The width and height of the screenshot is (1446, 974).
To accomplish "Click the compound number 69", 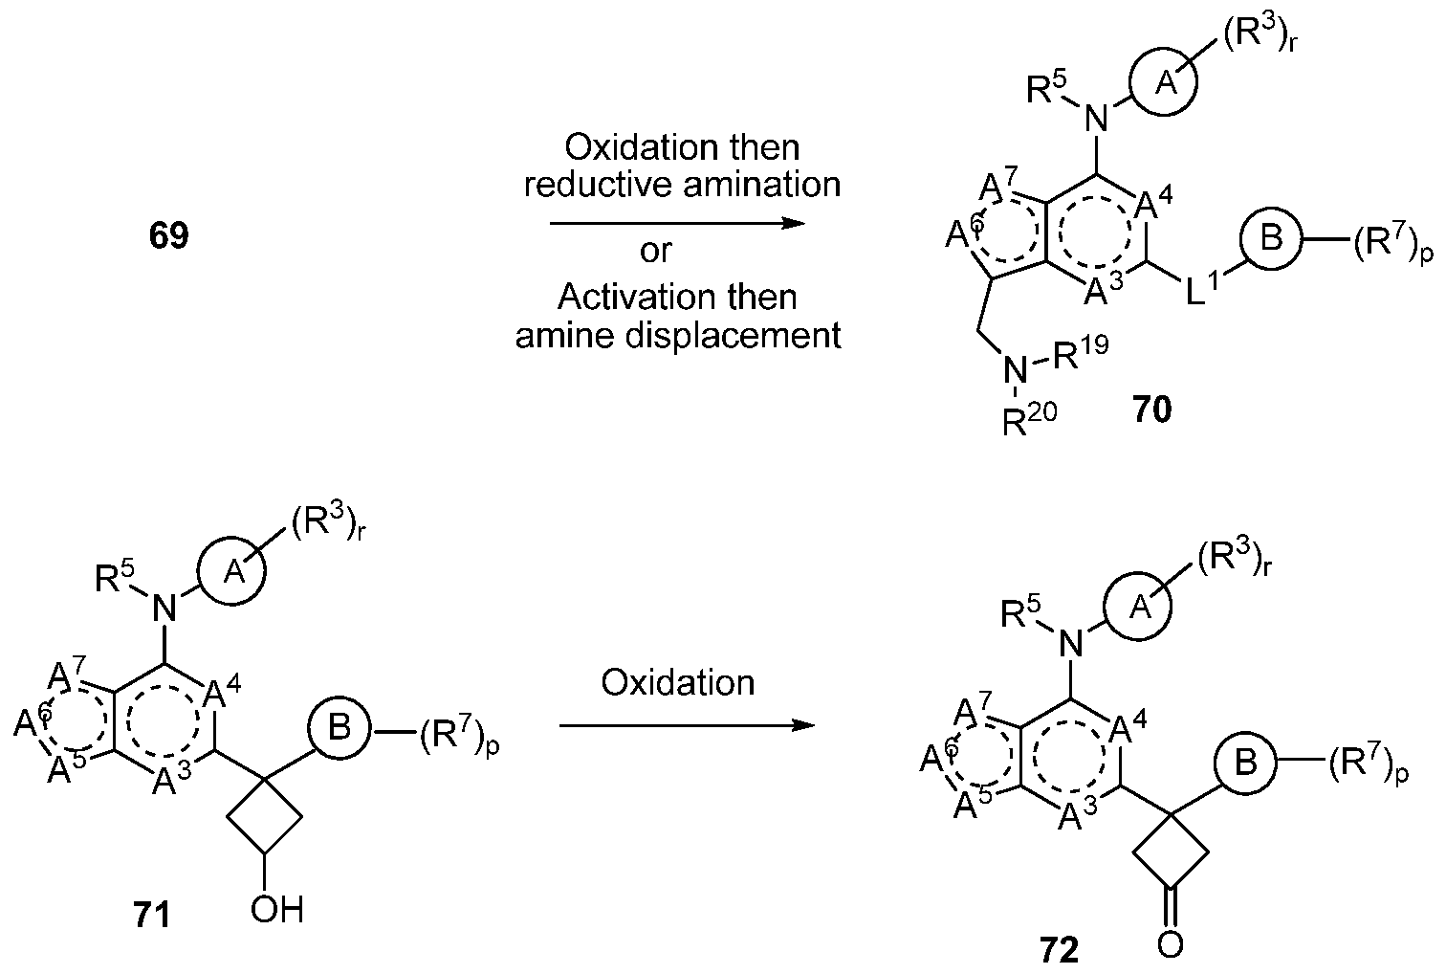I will tap(168, 235).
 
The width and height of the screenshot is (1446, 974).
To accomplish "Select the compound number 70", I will tap(1151, 411).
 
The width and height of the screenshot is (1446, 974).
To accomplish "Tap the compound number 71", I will tap(150, 915).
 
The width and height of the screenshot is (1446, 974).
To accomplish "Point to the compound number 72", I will tap(1058, 950).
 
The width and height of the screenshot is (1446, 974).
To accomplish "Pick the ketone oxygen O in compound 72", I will tap(1170, 944).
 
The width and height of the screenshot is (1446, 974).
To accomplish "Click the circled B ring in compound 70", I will tap(1271, 238).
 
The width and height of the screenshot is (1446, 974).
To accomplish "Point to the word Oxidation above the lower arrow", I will tap(678, 682).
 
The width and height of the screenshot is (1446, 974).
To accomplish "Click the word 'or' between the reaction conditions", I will tap(656, 251).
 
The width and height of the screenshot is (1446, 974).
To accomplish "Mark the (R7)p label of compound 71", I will tap(460, 737).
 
